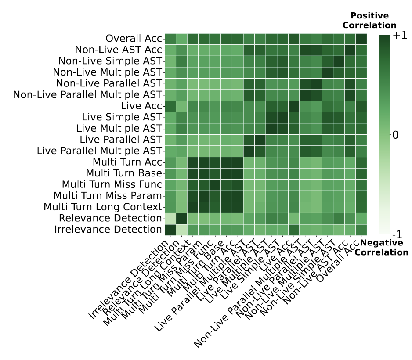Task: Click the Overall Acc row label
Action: (134, 39)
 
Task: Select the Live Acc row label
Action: (142, 106)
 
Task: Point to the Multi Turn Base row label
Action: (124, 173)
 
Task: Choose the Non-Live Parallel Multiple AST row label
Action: (88, 94)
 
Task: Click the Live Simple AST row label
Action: (122, 117)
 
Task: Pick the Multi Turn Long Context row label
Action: (103, 207)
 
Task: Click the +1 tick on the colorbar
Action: (399, 36)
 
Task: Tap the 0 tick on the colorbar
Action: (395, 135)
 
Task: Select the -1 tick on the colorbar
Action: (398, 234)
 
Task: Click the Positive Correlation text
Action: (369, 21)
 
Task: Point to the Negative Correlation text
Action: (381, 248)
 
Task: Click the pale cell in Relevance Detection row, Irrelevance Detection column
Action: (170, 218)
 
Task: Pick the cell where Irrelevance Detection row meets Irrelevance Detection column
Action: (170, 229)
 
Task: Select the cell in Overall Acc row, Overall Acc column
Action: (361, 39)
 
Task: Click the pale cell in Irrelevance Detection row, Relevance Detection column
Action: (181, 229)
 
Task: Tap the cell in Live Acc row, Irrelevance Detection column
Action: (170, 106)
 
